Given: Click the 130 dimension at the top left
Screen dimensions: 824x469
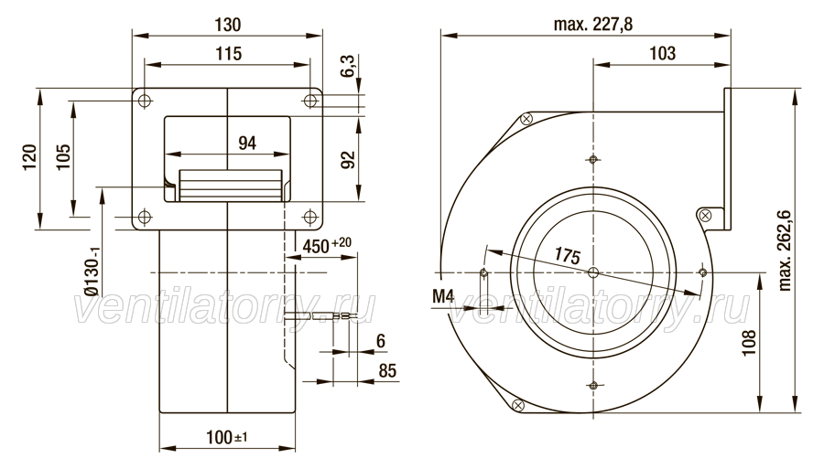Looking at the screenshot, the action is click(x=228, y=25).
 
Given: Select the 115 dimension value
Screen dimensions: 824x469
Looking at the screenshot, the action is click(x=228, y=54).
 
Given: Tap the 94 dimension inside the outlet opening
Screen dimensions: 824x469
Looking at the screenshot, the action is click(x=247, y=143).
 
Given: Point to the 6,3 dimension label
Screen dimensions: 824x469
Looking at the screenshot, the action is click(x=349, y=66).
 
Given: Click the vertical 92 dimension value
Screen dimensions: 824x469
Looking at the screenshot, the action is click(x=349, y=159).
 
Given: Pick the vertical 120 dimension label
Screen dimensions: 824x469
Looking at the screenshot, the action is click(x=29, y=156).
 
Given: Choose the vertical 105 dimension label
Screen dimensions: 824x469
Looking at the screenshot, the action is click(x=63, y=156).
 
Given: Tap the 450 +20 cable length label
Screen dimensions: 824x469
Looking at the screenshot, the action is click(x=327, y=245).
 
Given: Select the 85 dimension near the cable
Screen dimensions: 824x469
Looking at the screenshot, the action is click(x=387, y=371).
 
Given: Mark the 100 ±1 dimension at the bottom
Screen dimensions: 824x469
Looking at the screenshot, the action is click(x=226, y=437).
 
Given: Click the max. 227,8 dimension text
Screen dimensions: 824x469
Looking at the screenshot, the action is click(x=592, y=24).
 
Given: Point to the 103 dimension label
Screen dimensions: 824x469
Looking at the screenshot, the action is click(x=662, y=53).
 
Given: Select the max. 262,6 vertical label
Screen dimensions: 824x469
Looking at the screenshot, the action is click(x=785, y=250).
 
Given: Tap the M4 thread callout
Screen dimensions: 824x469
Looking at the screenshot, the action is click(x=442, y=296).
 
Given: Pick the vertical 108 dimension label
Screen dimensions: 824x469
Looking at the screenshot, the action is click(x=749, y=343).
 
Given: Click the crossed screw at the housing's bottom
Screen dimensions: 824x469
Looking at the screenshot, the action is click(x=517, y=404).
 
